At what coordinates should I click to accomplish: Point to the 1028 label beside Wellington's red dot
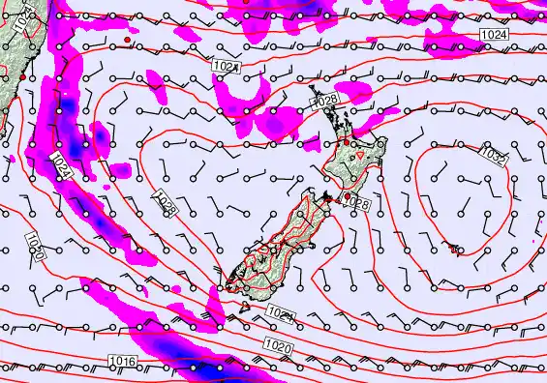click(x=357, y=204)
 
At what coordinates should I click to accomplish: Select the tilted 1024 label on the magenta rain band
click(x=60, y=164)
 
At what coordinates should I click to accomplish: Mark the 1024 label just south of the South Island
click(x=280, y=314)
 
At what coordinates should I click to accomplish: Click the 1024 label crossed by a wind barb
click(x=227, y=66)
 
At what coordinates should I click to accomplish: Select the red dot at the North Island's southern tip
click(x=348, y=196)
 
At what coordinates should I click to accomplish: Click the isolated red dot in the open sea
click(x=128, y=40)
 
